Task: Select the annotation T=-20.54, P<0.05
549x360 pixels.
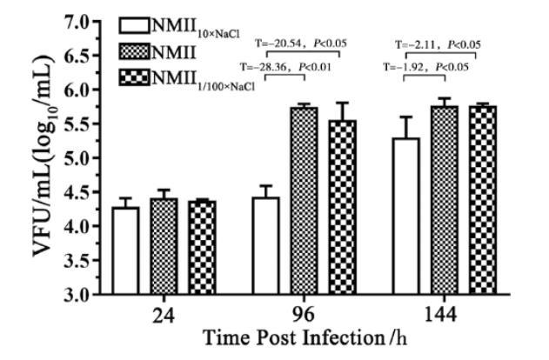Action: pyautogui.click(x=297, y=42)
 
